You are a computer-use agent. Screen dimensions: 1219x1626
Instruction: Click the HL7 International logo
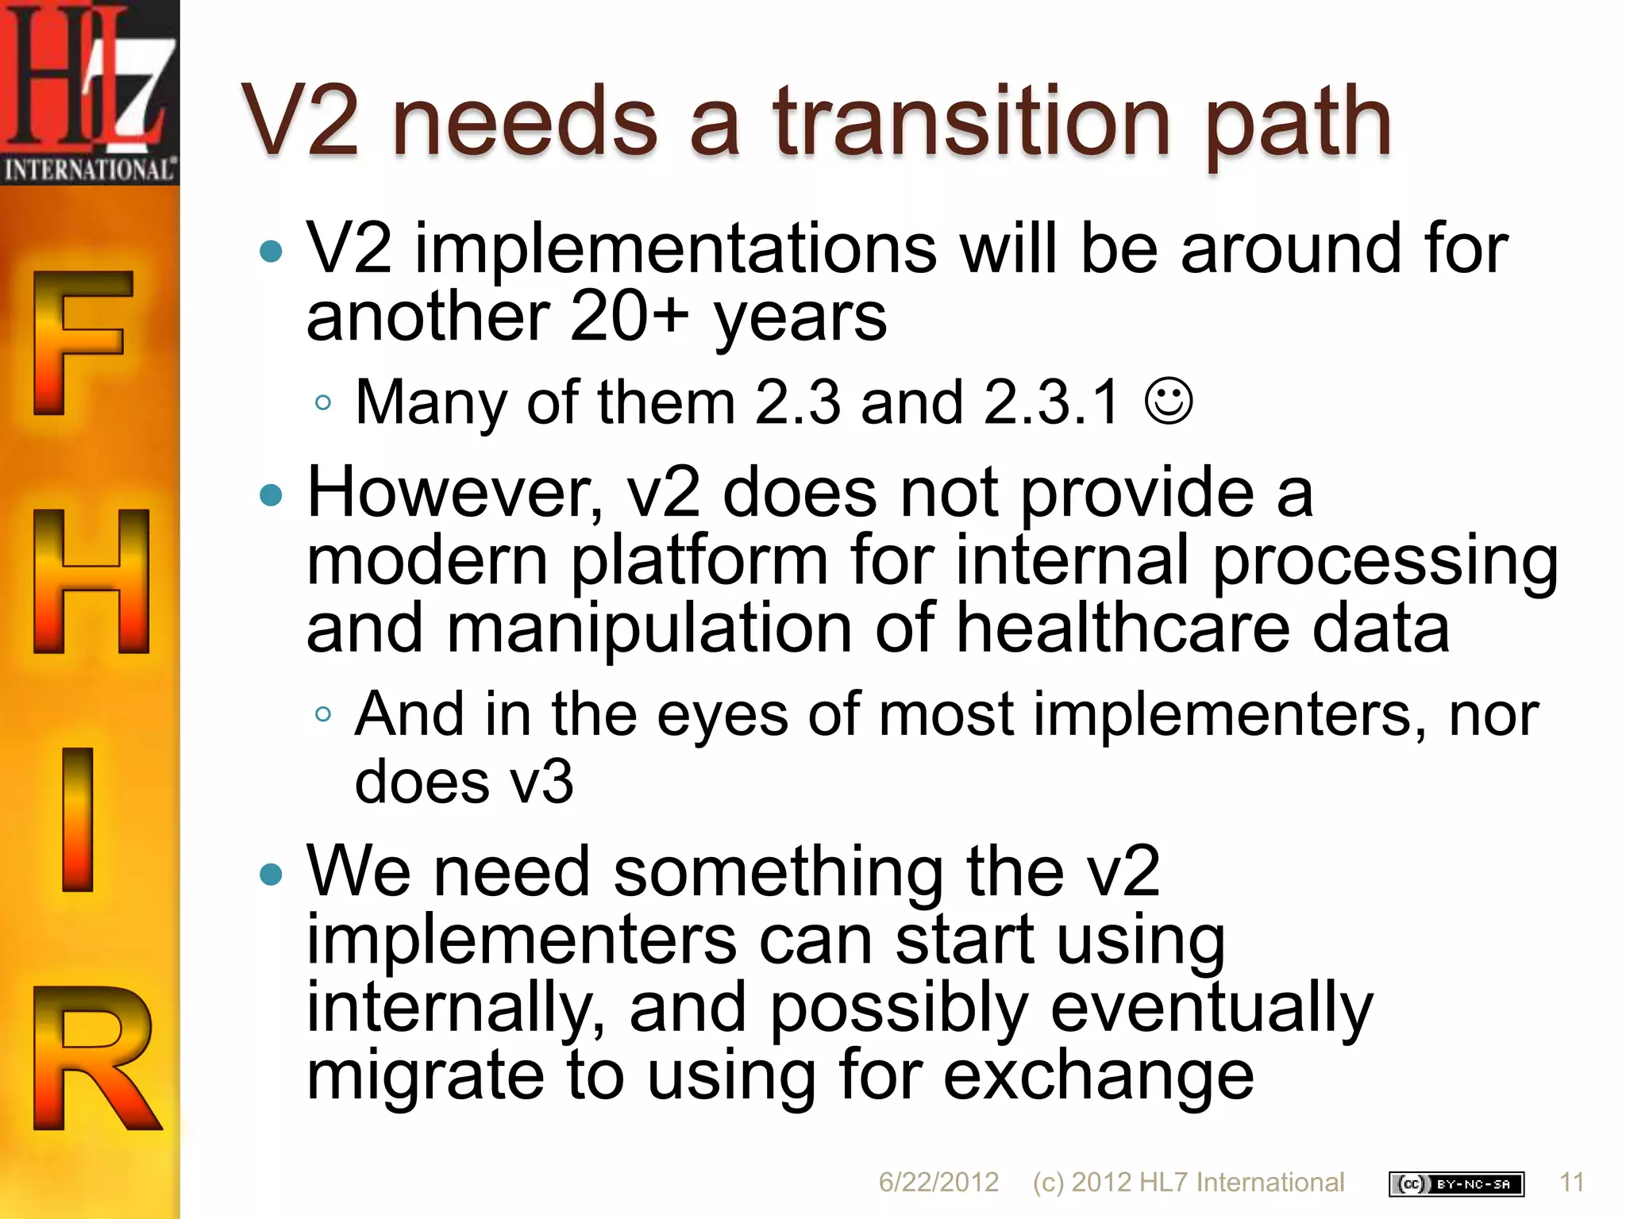(89, 91)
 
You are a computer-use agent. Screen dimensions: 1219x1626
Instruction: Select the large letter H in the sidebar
(91, 581)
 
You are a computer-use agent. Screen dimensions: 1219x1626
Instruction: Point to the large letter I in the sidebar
(78, 819)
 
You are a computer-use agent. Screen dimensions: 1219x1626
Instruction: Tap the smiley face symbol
(1168, 402)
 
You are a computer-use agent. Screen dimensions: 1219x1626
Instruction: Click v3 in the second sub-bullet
(541, 783)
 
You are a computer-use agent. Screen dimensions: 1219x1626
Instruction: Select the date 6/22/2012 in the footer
(938, 1182)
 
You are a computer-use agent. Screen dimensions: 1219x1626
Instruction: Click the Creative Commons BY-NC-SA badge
(1456, 1184)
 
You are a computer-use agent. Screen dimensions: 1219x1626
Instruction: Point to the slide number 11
(1571, 1182)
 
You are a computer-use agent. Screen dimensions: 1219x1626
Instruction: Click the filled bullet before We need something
(271, 875)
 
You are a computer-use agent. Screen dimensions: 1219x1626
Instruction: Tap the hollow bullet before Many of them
(322, 403)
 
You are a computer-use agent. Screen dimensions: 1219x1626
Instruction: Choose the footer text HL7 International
(1241, 1182)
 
